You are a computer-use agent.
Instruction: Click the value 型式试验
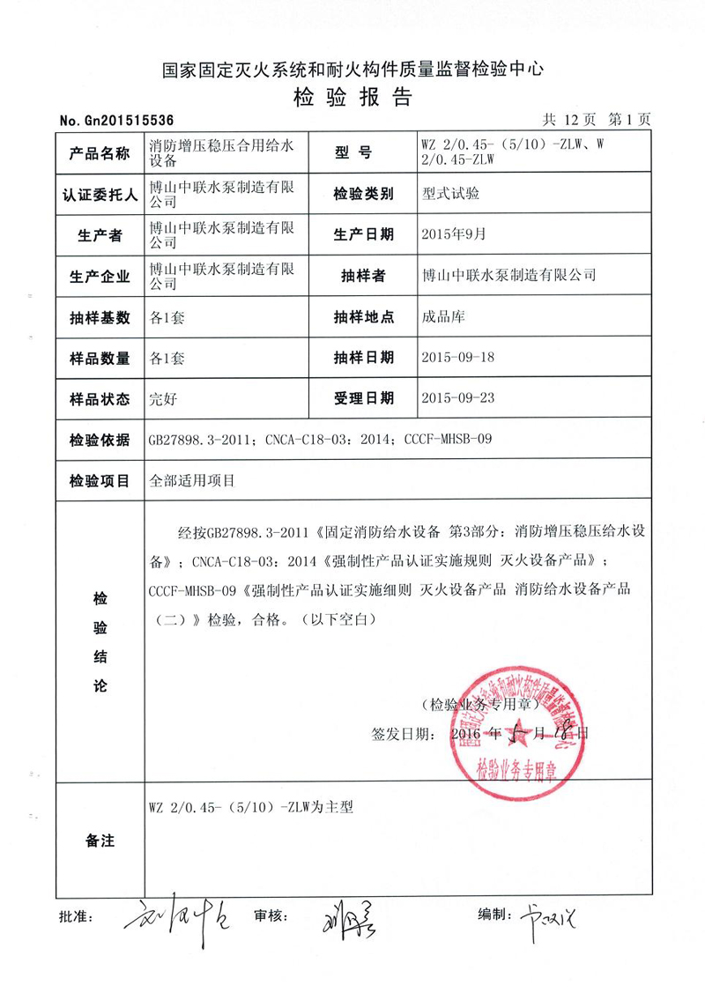tap(451, 194)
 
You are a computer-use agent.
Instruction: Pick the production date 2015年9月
tap(454, 234)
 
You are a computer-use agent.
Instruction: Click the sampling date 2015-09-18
tap(458, 358)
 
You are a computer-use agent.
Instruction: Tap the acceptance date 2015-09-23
tap(458, 398)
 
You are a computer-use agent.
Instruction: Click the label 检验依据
tap(99, 439)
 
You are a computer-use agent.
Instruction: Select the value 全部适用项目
tap(194, 481)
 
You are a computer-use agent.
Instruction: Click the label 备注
tap(99, 841)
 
